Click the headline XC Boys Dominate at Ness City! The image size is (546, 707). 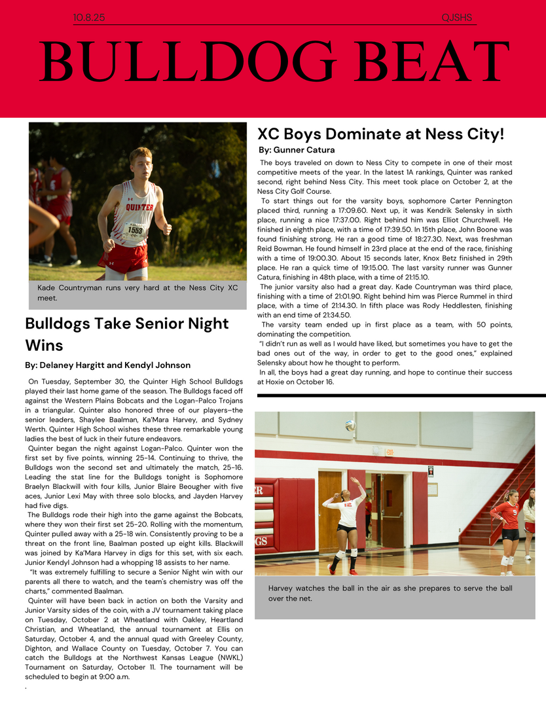pyautogui.click(x=380, y=134)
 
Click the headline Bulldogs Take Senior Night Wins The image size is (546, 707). pyautogui.click(x=127, y=333)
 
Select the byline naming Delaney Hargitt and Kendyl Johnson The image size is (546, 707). pyautogui.click(x=108, y=365)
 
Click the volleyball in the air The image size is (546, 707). pyautogui.click(x=350, y=426)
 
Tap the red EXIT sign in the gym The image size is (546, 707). pyautogui.click(x=390, y=452)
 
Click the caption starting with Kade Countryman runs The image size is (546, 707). pyautogui.click(x=137, y=293)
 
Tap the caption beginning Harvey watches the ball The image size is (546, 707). pyautogui.click(x=390, y=593)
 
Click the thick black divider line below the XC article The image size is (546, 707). pyautogui.click(x=401, y=395)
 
